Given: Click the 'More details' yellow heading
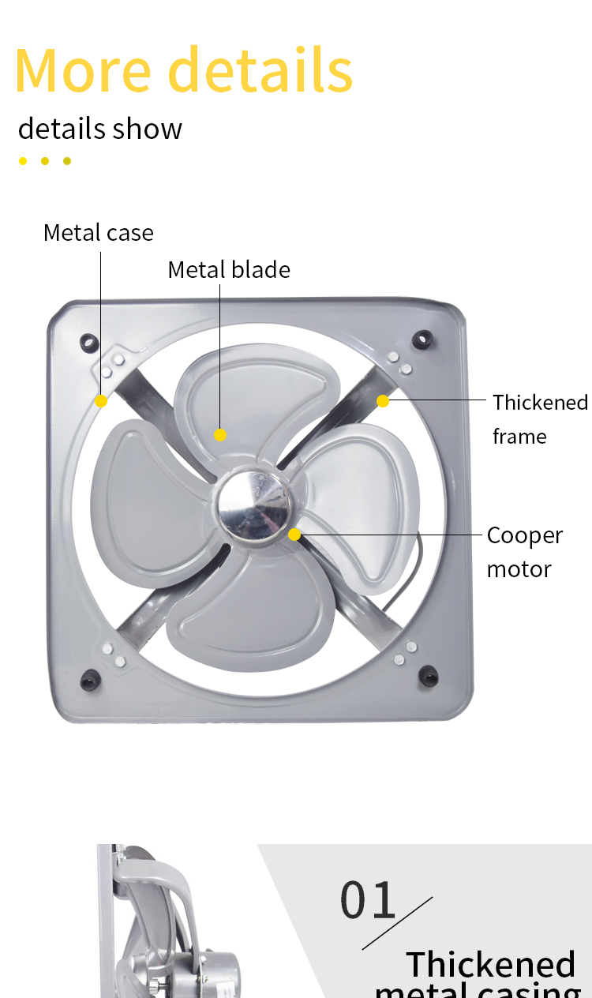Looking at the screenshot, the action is point(184,69).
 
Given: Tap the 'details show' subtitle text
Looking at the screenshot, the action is point(100,129).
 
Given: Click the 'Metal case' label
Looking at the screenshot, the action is point(99,233).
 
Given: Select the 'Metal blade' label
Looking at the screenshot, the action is point(229,269).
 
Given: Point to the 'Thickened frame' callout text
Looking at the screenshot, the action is point(541,419).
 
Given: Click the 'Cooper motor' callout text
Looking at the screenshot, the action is point(525,553).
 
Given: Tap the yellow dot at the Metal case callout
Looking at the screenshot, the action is point(101,401).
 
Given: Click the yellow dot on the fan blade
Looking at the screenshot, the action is point(220,435).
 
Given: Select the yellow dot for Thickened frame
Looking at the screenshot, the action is point(383,401).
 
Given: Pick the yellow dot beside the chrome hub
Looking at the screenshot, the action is point(294,535).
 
